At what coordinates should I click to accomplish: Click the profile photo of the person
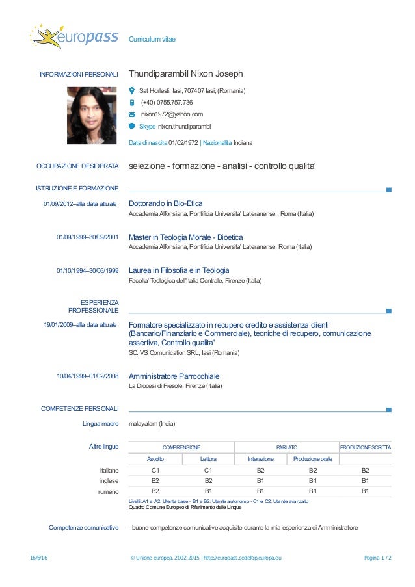[92, 115]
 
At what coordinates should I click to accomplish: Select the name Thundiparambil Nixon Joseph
[185, 74]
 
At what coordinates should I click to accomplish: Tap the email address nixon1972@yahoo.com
[172, 114]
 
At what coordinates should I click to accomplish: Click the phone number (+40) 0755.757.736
[167, 103]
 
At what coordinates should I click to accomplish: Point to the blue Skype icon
[132, 126]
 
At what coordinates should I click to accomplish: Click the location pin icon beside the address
[132, 90]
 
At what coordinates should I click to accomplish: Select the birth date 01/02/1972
[183, 142]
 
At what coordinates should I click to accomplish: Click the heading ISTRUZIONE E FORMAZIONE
[77, 189]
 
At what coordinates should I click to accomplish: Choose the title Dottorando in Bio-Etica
[166, 203]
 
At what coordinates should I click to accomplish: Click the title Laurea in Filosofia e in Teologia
[179, 270]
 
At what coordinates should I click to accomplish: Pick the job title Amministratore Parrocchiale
[174, 376]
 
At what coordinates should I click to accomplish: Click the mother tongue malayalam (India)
[152, 424]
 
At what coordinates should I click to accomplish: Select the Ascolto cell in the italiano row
[155, 470]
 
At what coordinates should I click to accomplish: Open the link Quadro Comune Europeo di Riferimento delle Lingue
[185, 507]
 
